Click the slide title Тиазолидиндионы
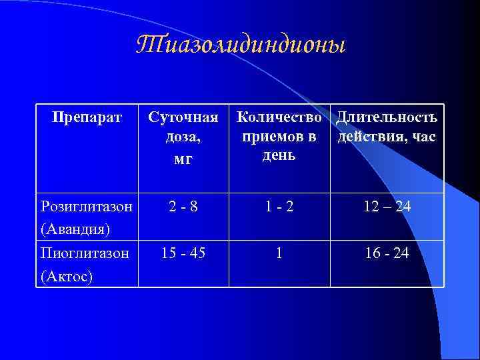(x=241, y=45)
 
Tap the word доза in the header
(x=181, y=138)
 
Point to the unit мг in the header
(x=183, y=159)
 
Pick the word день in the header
(x=279, y=155)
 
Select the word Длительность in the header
(x=387, y=117)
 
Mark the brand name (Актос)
(x=65, y=275)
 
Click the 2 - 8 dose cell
(x=183, y=207)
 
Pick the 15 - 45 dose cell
(x=183, y=253)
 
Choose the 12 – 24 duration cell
(x=387, y=207)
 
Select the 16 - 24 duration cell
(x=387, y=253)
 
